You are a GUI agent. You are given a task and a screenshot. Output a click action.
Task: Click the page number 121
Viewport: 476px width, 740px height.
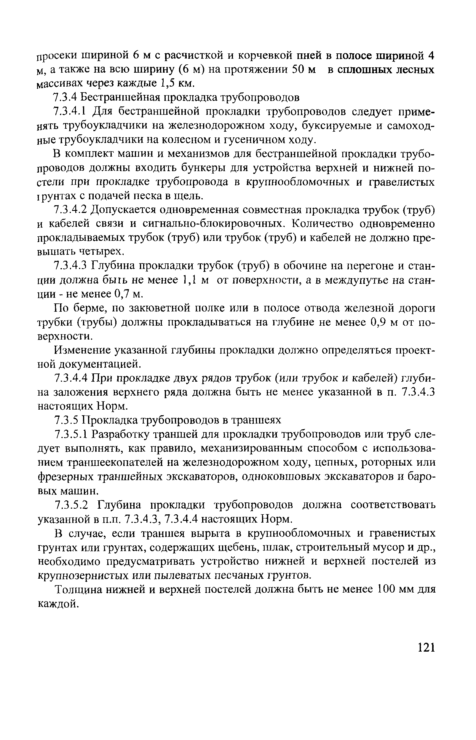(x=426, y=647)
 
